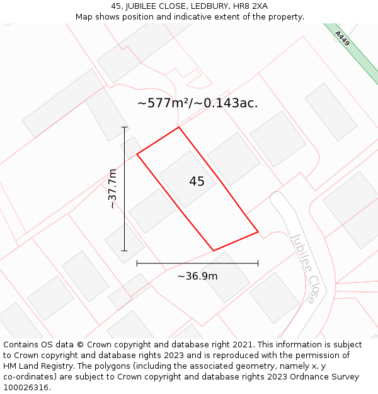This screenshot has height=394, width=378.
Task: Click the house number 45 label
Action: click(197, 182)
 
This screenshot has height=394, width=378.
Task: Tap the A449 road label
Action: click(342, 39)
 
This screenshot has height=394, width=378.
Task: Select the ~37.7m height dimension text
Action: click(112, 188)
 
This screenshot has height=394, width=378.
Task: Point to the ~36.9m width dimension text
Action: click(197, 276)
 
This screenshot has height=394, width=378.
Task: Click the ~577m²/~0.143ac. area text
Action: click(197, 103)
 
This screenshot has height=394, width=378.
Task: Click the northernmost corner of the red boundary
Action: click(179, 127)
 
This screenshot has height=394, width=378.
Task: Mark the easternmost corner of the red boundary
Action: click(258, 232)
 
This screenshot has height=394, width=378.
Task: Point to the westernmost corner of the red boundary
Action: click(137, 153)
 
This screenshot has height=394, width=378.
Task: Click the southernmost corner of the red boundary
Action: click(214, 251)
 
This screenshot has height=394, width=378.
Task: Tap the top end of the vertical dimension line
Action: click(125, 127)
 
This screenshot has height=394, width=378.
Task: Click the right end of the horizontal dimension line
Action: click(258, 263)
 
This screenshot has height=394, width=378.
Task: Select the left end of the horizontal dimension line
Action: click(137, 263)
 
